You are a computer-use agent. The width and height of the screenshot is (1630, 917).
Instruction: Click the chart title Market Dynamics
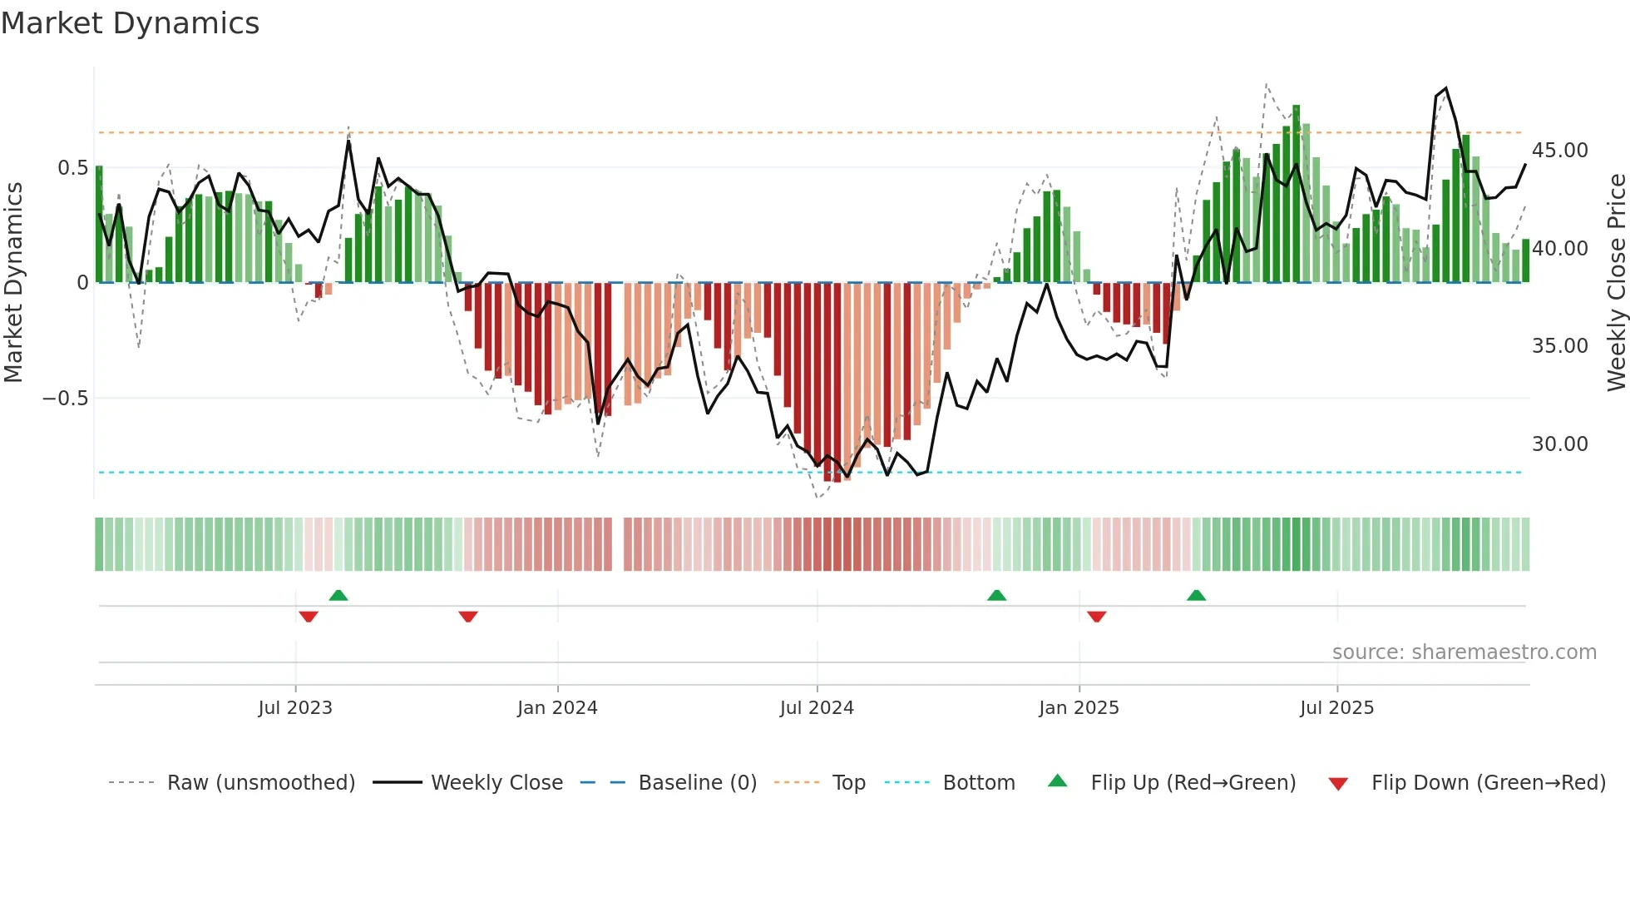click(130, 23)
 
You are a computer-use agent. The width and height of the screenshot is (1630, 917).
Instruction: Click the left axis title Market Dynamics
click(13, 283)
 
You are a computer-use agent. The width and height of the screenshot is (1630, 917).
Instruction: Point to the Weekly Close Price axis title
click(1616, 283)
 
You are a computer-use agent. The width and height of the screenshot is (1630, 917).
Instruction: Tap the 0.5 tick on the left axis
click(72, 168)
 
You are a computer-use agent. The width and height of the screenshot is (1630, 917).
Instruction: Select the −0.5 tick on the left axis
click(66, 399)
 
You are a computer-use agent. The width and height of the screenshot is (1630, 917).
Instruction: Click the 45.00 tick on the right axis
click(1559, 151)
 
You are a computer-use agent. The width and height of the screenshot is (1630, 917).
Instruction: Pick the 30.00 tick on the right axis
click(1559, 444)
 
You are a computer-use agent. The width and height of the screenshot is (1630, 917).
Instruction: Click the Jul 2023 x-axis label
click(295, 708)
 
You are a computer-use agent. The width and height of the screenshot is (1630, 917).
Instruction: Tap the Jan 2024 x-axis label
click(557, 708)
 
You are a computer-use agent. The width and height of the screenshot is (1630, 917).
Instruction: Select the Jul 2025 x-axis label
click(1336, 708)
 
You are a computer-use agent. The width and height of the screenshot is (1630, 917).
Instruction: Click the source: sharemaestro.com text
click(1464, 652)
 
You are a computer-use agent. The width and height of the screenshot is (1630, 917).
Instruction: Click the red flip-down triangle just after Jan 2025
click(1096, 617)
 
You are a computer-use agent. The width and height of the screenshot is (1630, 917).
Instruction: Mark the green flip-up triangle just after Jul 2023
click(338, 595)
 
